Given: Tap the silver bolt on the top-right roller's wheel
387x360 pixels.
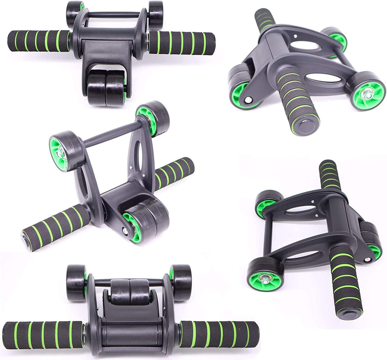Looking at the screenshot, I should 364,94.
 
